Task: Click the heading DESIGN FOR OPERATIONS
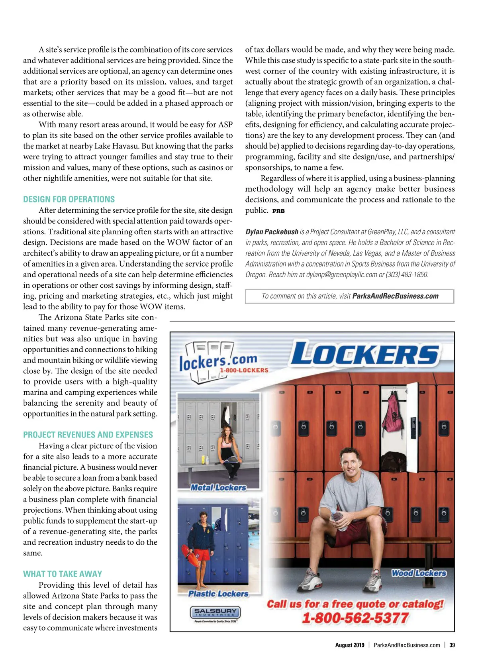click(x=69, y=199)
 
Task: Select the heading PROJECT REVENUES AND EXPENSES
click(x=88, y=435)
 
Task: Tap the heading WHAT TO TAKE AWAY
click(x=63, y=574)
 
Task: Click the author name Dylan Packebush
click(x=272, y=232)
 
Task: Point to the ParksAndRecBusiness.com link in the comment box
click(x=395, y=296)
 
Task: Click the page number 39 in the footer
click(x=452, y=645)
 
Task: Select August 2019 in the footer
click(x=350, y=645)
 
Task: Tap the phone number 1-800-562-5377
click(x=355, y=618)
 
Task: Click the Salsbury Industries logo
click(x=215, y=613)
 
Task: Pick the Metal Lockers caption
click(x=218, y=487)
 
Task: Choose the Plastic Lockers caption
click(x=218, y=594)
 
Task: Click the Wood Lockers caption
click(x=419, y=573)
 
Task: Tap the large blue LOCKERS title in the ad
click(x=364, y=353)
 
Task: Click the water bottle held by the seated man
click(x=339, y=520)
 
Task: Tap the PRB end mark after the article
click(x=278, y=211)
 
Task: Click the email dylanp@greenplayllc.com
click(x=341, y=275)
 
